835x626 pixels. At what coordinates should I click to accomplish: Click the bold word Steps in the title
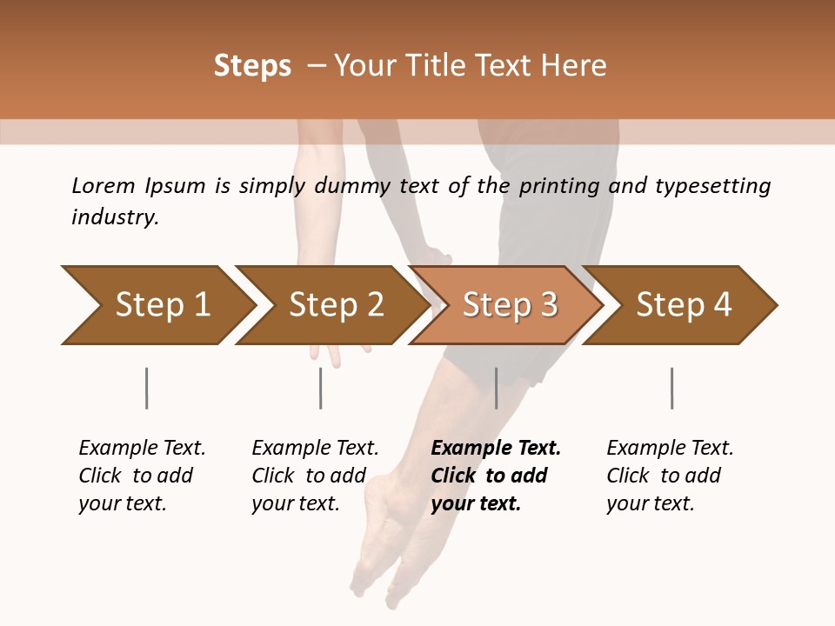[252, 66]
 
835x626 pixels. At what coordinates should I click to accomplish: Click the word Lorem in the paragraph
[103, 185]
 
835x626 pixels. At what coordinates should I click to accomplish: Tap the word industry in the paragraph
[115, 217]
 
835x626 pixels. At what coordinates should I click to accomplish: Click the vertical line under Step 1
[147, 388]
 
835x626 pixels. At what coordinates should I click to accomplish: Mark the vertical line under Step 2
[321, 388]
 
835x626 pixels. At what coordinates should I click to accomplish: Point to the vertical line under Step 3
[497, 388]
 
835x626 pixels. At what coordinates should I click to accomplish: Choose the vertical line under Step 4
[672, 388]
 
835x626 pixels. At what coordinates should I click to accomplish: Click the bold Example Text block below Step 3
[496, 476]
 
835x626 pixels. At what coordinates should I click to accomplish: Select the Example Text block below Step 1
[142, 476]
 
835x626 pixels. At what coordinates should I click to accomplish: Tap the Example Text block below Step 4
[670, 476]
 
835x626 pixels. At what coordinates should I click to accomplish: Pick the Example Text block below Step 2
[315, 476]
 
